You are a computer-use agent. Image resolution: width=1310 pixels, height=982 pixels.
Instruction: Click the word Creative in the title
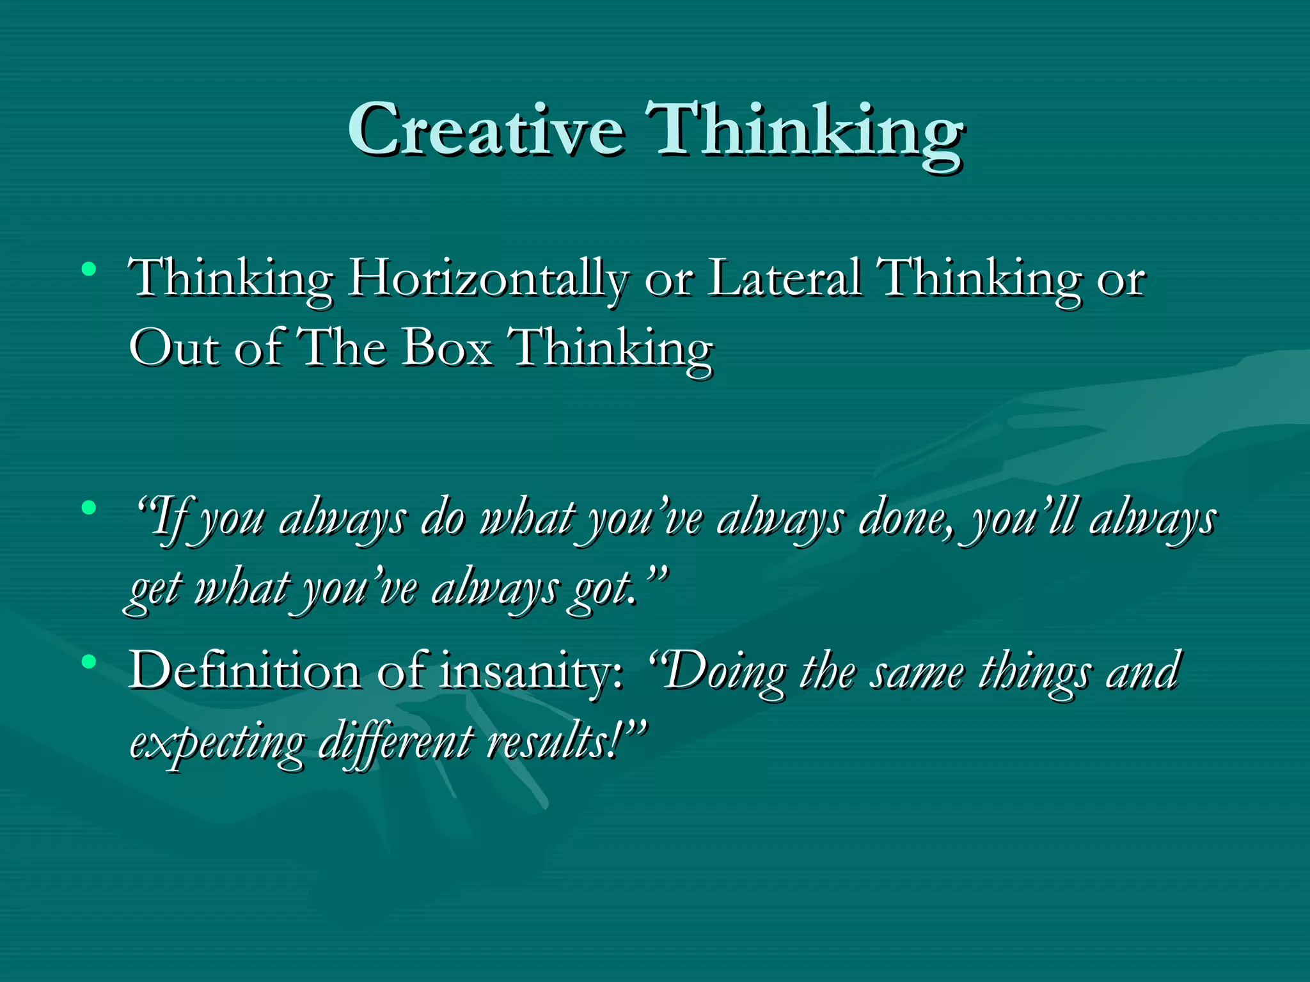point(486,130)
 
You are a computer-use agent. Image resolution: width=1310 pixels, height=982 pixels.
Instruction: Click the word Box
point(447,348)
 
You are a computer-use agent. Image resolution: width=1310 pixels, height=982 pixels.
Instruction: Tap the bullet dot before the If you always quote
point(89,508)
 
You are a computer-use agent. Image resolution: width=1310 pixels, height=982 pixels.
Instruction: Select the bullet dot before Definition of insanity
point(89,662)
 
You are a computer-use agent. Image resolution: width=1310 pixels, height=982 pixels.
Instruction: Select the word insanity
point(530,671)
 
